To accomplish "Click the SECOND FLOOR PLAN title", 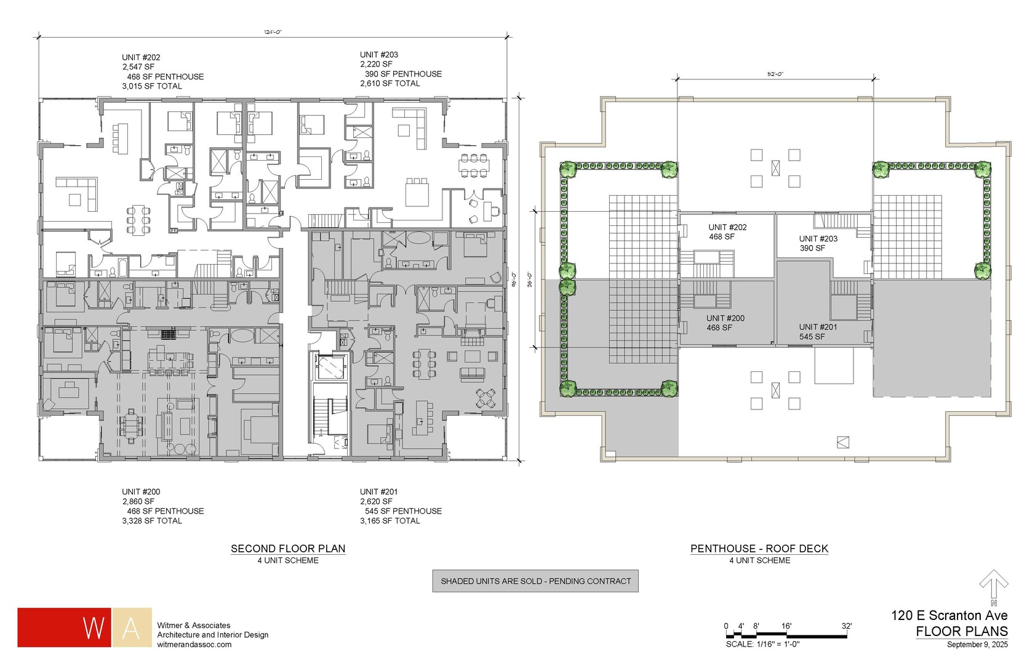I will pyautogui.click(x=288, y=548).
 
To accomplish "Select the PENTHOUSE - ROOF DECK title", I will pyautogui.click(x=759, y=548).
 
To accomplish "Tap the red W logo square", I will pyautogui.click(x=64, y=627).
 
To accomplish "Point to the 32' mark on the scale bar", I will pyautogui.click(x=847, y=626).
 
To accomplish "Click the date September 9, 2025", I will pyautogui.click(x=977, y=645).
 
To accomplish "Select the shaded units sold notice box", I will pyautogui.click(x=535, y=581).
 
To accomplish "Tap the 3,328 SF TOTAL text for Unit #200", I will pyautogui.click(x=152, y=521).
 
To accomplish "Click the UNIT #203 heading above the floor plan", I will pyautogui.click(x=379, y=55).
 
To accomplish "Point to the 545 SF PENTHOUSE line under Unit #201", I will pyautogui.click(x=403, y=511).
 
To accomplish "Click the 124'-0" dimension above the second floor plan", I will pyautogui.click(x=273, y=32).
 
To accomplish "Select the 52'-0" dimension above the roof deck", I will pyautogui.click(x=775, y=74).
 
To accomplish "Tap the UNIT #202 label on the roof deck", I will pyautogui.click(x=727, y=227).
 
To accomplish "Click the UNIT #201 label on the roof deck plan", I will pyautogui.click(x=818, y=327).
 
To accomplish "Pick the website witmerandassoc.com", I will pyautogui.click(x=194, y=645).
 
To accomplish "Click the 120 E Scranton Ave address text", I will pyautogui.click(x=949, y=615).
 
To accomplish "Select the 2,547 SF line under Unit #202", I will pyautogui.click(x=138, y=67).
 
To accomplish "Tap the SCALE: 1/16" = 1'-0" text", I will pyautogui.click(x=762, y=644).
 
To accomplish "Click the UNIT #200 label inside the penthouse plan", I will pyautogui.click(x=725, y=318).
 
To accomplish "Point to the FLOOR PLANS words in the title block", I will pyautogui.click(x=961, y=631).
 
